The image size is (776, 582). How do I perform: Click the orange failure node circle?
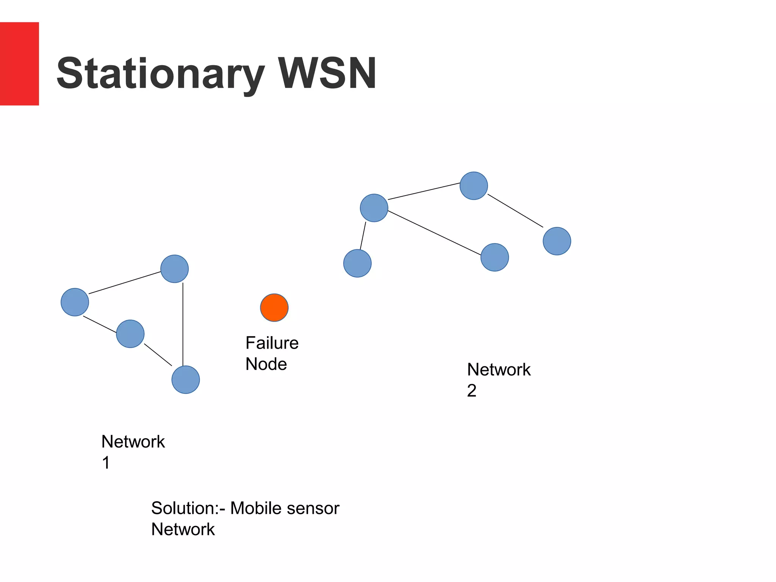[274, 308]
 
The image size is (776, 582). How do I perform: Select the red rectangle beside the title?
[19, 64]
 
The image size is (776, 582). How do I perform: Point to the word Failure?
[272, 343]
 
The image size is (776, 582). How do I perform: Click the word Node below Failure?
[266, 364]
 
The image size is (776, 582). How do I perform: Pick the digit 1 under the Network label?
[106, 463]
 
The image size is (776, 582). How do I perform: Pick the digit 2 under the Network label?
[472, 391]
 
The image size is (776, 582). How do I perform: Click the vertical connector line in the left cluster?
[183, 324]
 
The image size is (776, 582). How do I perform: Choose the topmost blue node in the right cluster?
[474, 186]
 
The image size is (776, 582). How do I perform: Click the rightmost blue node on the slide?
[557, 241]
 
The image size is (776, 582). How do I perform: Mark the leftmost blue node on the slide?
[75, 302]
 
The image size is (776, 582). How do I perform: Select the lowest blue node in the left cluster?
[186, 380]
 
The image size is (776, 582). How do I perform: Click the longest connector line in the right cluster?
[435, 233]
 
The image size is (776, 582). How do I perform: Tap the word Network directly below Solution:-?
[183, 529]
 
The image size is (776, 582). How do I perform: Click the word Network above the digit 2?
[499, 369]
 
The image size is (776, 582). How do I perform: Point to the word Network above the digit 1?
[133, 441]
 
